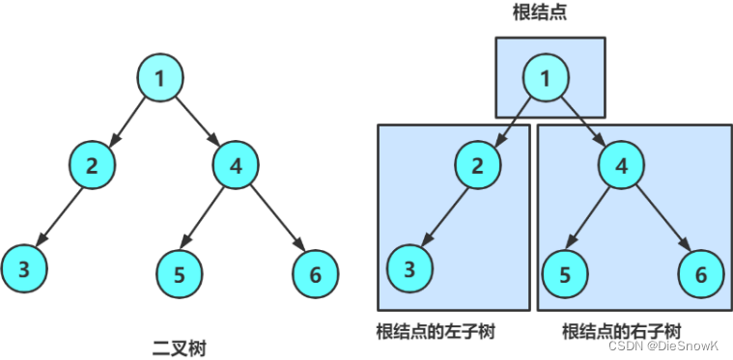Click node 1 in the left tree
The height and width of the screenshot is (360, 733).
point(159,78)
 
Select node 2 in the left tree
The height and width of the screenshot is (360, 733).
point(92,164)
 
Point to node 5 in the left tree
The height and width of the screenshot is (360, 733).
point(180,274)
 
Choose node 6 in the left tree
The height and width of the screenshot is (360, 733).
point(315,274)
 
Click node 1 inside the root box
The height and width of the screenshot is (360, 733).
point(547,78)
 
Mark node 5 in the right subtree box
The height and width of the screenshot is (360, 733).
point(566,274)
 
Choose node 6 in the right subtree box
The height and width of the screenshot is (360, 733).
point(701,274)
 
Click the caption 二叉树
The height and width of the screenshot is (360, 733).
point(179,346)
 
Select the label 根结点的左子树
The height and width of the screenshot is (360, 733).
point(436,331)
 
